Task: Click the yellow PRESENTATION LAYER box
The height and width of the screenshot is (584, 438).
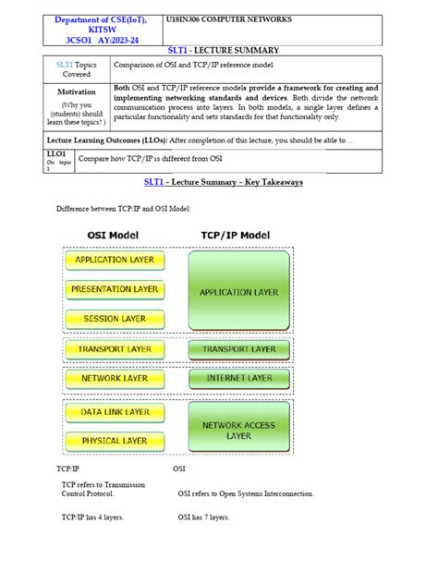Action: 115,289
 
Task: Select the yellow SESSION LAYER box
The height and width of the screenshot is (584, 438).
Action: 115,319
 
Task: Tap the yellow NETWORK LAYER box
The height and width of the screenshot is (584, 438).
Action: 115,378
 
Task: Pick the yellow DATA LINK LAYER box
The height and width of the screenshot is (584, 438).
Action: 115,412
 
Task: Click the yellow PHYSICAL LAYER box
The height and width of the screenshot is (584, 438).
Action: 115,441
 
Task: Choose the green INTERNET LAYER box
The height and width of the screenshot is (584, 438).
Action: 238,378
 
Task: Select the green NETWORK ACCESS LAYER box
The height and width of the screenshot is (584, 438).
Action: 238,430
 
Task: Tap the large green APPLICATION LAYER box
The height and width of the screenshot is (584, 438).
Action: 238,292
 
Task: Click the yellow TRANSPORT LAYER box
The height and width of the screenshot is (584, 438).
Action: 115,349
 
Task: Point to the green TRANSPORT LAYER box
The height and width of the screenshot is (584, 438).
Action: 238,349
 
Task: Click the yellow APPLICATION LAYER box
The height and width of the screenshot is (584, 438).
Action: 115,261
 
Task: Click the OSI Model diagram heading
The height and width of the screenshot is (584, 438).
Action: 113,236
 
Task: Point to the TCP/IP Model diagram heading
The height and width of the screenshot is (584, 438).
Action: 236,236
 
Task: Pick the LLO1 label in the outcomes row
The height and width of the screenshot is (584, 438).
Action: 55,153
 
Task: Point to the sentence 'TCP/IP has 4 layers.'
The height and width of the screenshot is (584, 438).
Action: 92,517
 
